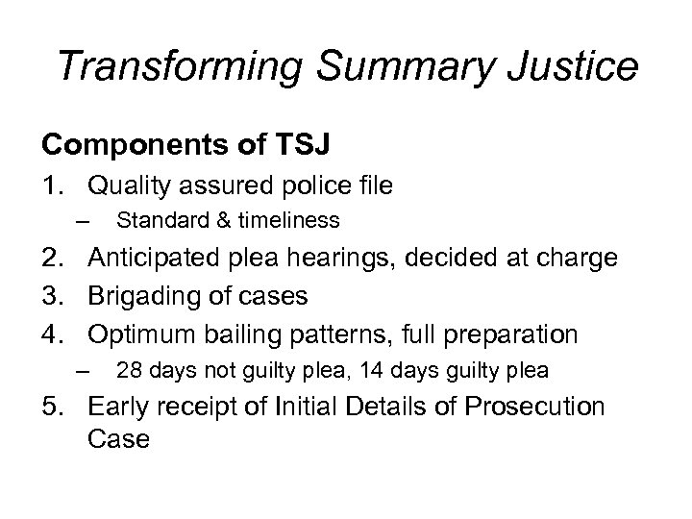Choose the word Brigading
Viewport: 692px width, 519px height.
tap(144, 296)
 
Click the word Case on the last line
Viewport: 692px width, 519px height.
tap(118, 439)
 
